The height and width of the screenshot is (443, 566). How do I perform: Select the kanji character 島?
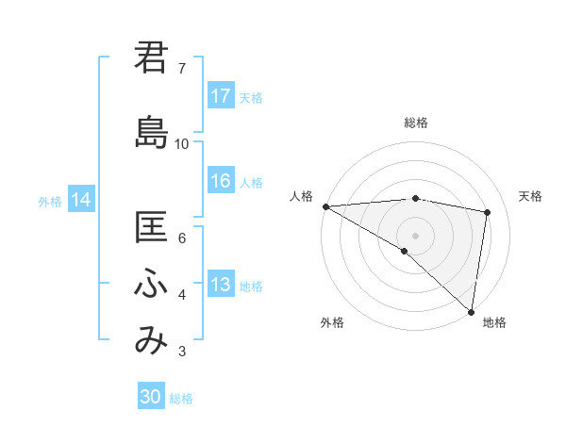coord(151,132)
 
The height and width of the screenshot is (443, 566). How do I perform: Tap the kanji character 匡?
coord(151,229)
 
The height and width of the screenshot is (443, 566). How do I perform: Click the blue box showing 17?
coord(221,96)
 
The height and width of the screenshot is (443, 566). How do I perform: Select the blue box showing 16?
coord(221,182)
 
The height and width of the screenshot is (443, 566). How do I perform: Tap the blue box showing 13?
coord(221,286)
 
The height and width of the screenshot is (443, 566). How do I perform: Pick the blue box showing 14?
coord(81,200)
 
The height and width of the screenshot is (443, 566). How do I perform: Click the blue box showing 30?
coord(151,398)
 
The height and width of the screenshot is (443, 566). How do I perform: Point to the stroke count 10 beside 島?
coord(182,144)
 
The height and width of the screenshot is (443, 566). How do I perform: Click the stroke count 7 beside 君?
coord(181,69)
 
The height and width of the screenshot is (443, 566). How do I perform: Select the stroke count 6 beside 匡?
coord(181,238)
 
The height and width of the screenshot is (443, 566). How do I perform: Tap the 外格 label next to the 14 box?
coord(50,201)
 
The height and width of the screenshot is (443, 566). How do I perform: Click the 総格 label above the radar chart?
coord(416,123)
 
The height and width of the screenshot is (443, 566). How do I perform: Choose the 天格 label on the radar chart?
coord(531,196)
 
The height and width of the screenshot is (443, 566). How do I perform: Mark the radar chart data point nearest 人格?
coord(325,205)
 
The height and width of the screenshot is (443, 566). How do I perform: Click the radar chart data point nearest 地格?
coord(471,311)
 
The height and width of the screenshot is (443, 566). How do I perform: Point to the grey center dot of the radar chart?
coord(415,234)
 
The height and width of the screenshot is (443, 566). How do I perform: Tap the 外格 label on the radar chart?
coord(332,323)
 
